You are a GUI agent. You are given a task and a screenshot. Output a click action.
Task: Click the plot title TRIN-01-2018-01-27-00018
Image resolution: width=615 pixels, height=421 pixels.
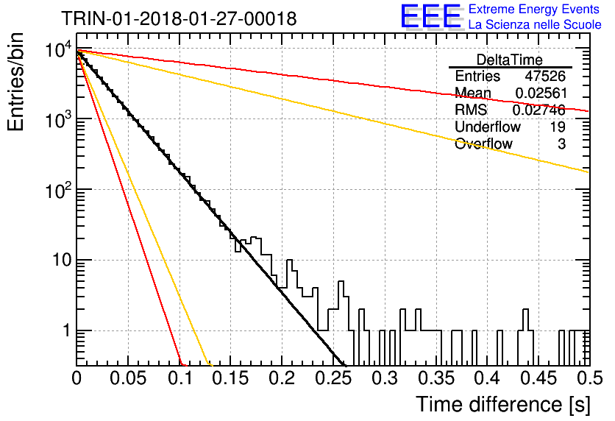pyautogui.click(x=179, y=18)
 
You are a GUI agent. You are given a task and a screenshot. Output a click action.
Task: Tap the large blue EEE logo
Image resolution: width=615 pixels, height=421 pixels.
pyautogui.click(x=431, y=16)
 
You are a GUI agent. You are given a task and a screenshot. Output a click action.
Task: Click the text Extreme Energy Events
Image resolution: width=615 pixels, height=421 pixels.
pyautogui.click(x=533, y=9)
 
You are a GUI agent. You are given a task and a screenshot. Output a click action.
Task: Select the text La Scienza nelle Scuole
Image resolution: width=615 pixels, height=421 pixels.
pyautogui.click(x=535, y=25)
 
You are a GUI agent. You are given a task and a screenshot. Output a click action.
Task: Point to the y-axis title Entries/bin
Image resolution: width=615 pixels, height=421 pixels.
pyautogui.click(x=15, y=82)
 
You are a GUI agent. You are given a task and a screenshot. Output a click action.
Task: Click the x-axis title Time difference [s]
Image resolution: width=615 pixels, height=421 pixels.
pyautogui.click(x=503, y=404)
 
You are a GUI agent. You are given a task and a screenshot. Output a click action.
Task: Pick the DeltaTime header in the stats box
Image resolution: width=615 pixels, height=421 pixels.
pyautogui.click(x=510, y=60)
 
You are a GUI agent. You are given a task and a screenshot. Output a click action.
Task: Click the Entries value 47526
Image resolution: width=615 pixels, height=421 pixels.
pyautogui.click(x=545, y=76)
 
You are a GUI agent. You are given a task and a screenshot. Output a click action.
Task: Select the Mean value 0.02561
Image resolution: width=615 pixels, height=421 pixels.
pyautogui.click(x=541, y=93)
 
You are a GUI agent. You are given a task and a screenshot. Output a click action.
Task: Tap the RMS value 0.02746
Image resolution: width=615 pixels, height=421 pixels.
pyautogui.click(x=539, y=110)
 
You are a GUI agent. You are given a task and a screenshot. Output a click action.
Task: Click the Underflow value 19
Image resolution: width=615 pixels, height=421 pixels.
pyautogui.click(x=558, y=127)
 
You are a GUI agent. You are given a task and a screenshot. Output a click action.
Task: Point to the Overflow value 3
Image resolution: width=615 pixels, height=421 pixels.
pyautogui.click(x=561, y=144)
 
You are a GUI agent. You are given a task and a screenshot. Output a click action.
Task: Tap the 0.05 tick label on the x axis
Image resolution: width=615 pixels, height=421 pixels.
pyautogui.click(x=128, y=378)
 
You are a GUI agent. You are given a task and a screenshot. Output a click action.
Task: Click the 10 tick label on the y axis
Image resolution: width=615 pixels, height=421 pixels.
pyautogui.click(x=62, y=259)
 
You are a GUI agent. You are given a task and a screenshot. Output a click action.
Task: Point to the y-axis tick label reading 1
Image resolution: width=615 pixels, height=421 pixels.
pyautogui.click(x=66, y=330)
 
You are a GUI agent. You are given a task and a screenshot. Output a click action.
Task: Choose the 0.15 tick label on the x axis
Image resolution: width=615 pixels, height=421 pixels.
pyautogui.click(x=232, y=378)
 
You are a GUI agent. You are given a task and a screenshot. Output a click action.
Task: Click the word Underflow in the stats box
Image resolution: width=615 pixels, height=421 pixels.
pyautogui.click(x=488, y=127)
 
